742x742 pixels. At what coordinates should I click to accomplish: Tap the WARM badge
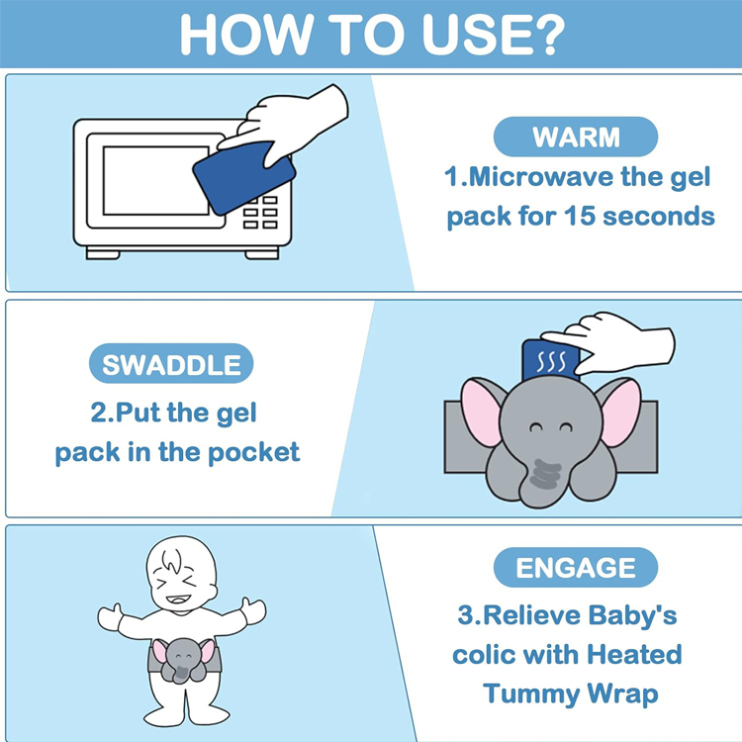click(x=576, y=137)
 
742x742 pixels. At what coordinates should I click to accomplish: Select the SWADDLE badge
click(x=171, y=364)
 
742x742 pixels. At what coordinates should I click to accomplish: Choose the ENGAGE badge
click(x=576, y=568)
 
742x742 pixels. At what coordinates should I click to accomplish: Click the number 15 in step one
click(x=579, y=216)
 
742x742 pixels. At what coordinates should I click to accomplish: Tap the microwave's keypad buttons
click(x=260, y=212)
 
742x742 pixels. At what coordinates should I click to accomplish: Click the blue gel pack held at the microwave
click(x=243, y=177)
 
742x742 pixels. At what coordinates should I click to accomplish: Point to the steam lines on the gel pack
click(x=551, y=361)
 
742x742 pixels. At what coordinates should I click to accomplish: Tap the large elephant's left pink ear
click(x=481, y=413)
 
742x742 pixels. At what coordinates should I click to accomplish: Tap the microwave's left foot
click(x=103, y=253)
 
